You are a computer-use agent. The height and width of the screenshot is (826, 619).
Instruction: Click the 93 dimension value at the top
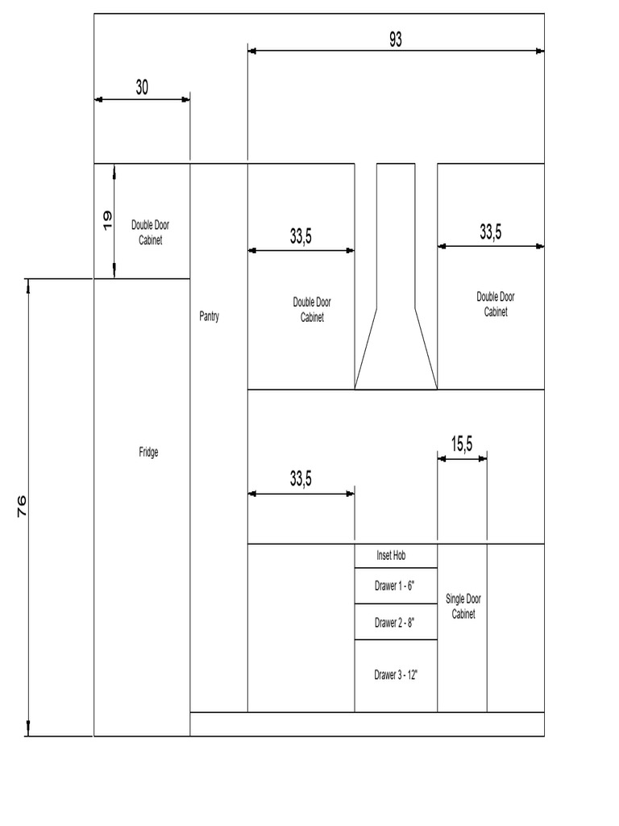click(395, 40)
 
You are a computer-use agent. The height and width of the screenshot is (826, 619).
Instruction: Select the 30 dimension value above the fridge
click(142, 88)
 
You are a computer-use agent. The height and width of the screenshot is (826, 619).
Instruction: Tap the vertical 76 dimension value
click(21, 506)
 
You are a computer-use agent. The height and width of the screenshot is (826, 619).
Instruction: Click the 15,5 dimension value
click(462, 444)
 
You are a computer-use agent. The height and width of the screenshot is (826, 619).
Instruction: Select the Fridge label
click(148, 453)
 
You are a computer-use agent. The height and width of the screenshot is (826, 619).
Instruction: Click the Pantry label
click(209, 317)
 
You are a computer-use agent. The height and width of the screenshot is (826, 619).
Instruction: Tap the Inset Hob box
click(396, 556)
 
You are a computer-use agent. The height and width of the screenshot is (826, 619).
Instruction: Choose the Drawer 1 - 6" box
click(396, 586)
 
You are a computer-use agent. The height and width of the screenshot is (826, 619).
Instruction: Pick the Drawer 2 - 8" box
click(396, 622)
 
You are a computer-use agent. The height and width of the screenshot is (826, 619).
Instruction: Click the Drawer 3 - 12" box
click(396, 675)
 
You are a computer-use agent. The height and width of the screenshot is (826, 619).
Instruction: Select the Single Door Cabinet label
click(463, 607)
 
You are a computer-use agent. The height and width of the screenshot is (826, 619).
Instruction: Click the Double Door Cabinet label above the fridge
click(150, 233)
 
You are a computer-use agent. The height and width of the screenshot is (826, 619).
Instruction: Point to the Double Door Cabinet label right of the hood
click(496, 304)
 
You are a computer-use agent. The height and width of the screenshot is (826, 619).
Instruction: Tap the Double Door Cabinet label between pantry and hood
click(312, 310)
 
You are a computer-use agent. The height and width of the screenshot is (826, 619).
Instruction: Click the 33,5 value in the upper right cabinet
click(491, 232)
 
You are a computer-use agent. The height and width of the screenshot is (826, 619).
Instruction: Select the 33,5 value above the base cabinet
click(301, 479)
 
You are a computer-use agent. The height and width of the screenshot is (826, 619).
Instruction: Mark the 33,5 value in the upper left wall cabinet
click(301, 236)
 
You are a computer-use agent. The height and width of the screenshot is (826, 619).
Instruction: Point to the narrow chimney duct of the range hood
click(396, 234)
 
